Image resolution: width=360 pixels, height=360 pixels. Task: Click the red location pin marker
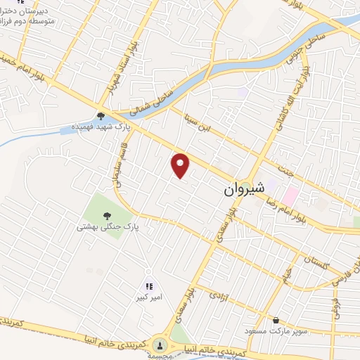(181, 165)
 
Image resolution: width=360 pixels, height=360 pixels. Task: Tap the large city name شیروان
(244, 188)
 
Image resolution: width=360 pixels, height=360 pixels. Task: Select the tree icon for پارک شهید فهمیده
(101, 117)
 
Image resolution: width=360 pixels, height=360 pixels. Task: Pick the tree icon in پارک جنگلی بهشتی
(107, 216)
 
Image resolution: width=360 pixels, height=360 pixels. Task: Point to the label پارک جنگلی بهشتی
(108, 228)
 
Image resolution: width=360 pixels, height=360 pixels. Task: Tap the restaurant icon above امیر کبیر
(148, 285)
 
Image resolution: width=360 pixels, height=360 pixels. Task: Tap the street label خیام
(287, 271)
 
